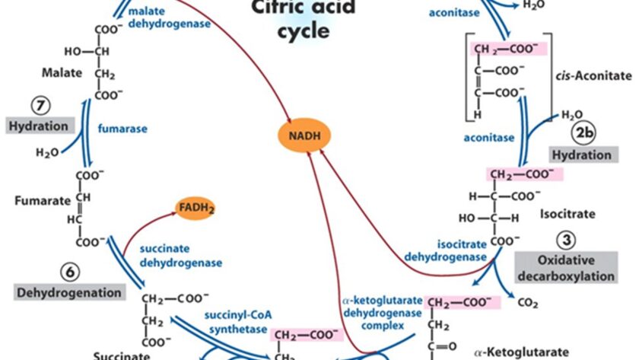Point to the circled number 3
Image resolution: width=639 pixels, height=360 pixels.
565,241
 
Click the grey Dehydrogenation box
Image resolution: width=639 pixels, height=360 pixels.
68,292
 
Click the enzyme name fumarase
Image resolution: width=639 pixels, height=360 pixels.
122,128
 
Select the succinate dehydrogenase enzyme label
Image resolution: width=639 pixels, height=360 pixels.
180,256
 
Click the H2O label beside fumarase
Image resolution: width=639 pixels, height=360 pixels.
47,153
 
